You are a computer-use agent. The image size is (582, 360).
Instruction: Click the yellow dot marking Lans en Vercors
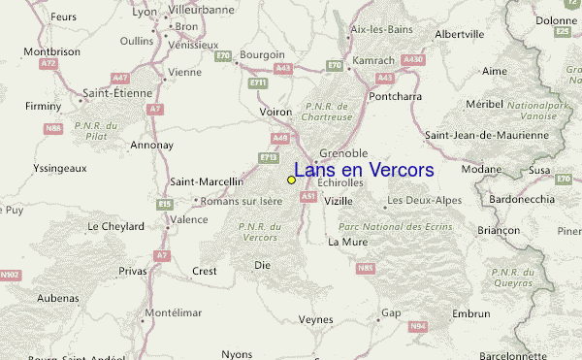(291, 180)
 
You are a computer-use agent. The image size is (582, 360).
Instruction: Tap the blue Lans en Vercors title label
(364, 170)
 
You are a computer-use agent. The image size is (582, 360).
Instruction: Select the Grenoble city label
(343, 153)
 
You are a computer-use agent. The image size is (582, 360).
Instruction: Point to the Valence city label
(188, 219)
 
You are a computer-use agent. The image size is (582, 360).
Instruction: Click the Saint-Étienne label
(115, 93)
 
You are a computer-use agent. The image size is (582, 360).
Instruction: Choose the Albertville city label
(460, 34)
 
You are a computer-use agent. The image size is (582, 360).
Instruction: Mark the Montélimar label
(175, 314)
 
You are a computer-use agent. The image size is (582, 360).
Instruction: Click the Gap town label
(391, 313)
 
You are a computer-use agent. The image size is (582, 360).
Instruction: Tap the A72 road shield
(48, 64)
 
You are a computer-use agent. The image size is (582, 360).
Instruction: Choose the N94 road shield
(417, 327)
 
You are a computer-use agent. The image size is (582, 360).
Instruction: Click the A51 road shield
(308, 196)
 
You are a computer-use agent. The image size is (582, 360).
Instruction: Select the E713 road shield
(269, 156)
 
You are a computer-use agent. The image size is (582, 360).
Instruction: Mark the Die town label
(262, 264)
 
